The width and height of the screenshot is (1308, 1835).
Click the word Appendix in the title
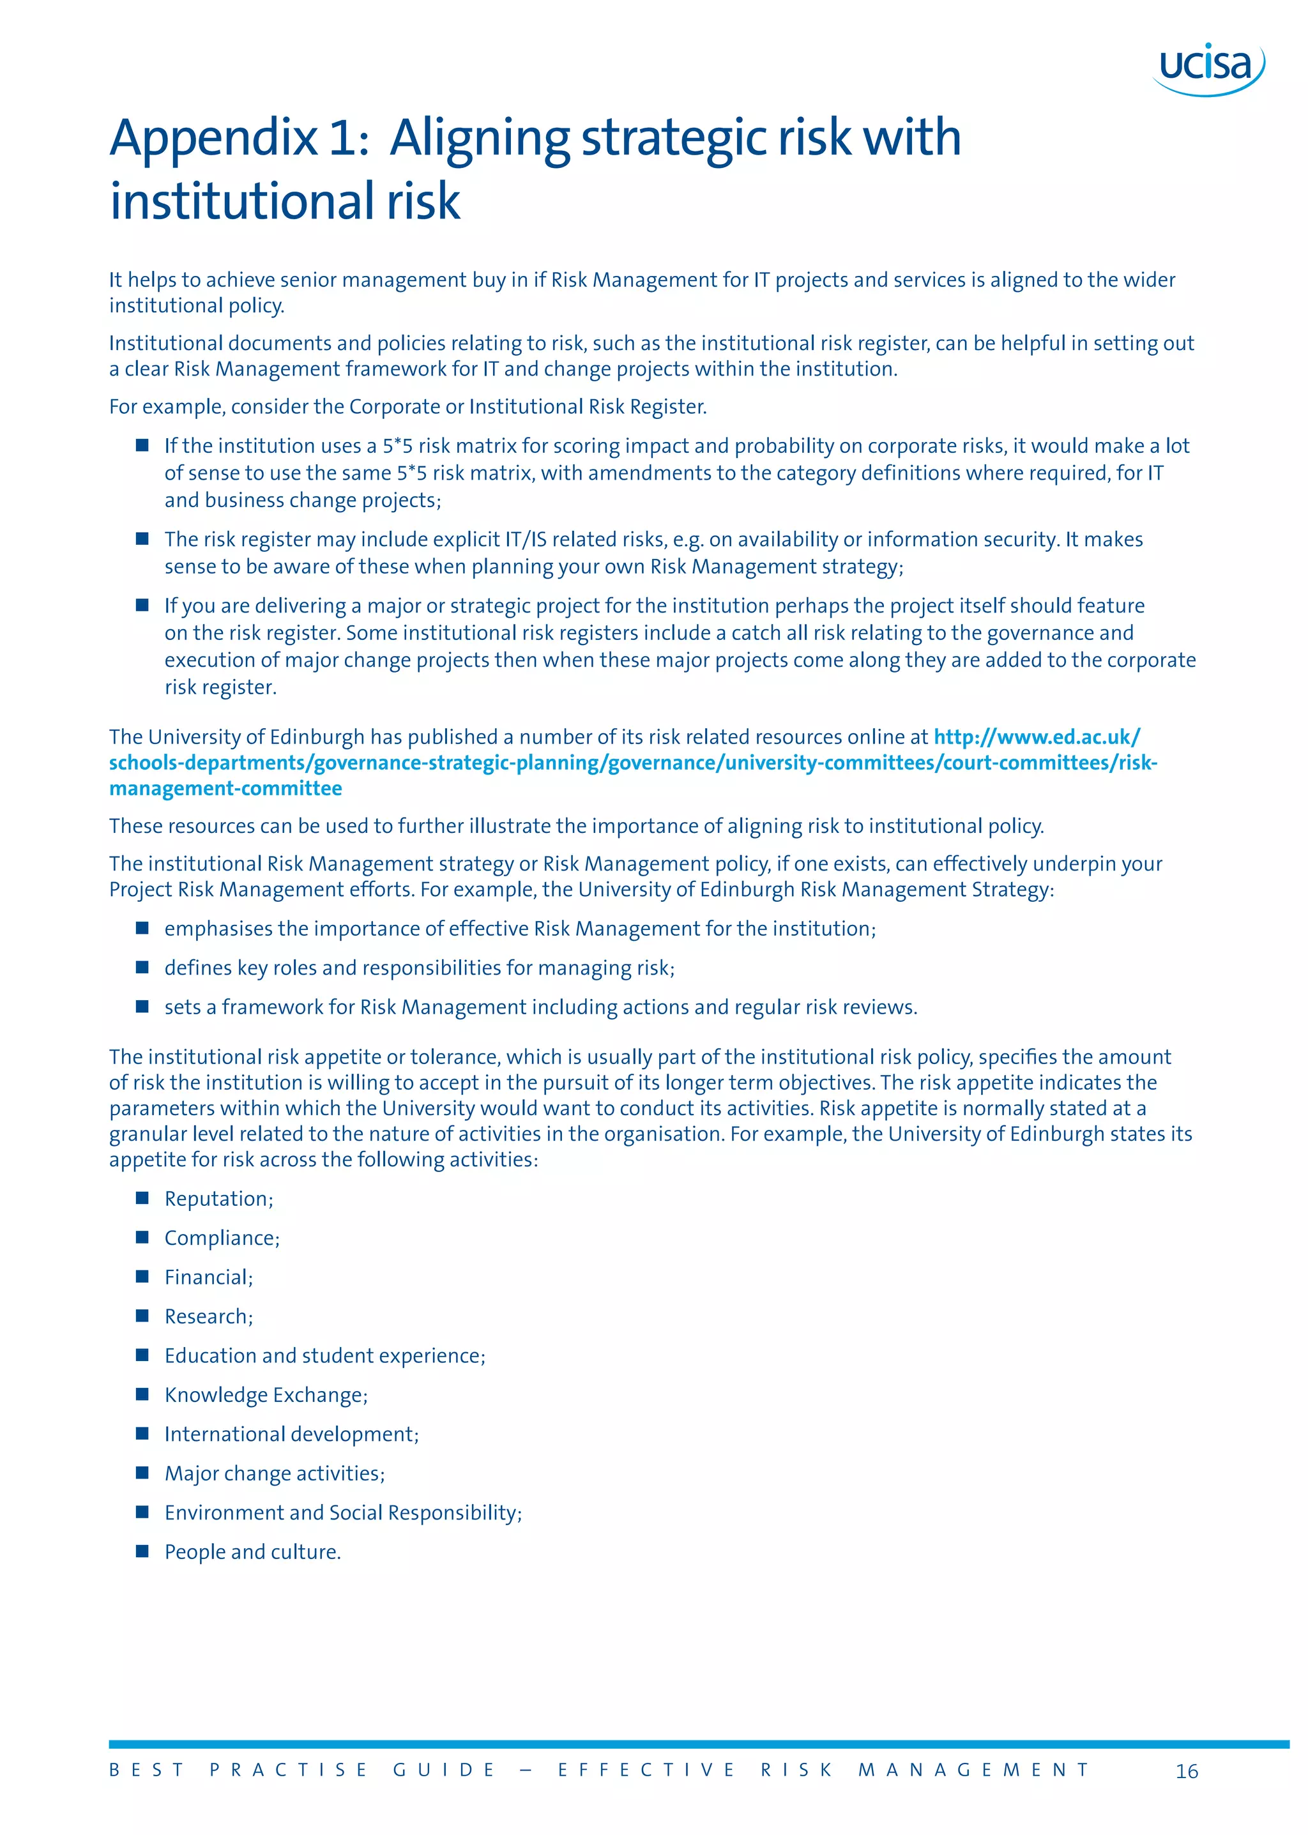(214, 139)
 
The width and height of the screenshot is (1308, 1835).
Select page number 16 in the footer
(1187, 1771)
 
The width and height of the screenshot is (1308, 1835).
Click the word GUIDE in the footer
(444, 1770)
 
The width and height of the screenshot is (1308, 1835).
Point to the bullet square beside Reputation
(142, 1198)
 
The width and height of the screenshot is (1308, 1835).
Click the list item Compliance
(222, 1238)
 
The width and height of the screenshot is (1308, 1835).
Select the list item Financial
(209, 1277)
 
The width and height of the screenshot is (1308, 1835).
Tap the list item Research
(209, 1316)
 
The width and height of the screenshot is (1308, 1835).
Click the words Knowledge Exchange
(266, 1395)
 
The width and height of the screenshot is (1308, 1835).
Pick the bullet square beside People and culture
(142, 1551)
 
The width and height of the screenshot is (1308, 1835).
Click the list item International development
(292, 1435)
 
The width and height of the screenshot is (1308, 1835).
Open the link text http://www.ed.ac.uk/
(1037, 737)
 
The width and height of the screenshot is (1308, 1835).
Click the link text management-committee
(225, 789)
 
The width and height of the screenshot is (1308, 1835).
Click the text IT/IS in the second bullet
(526, 540)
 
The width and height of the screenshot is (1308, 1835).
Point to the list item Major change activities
(275, 1473)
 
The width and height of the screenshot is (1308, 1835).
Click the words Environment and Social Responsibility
(343, 1513)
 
